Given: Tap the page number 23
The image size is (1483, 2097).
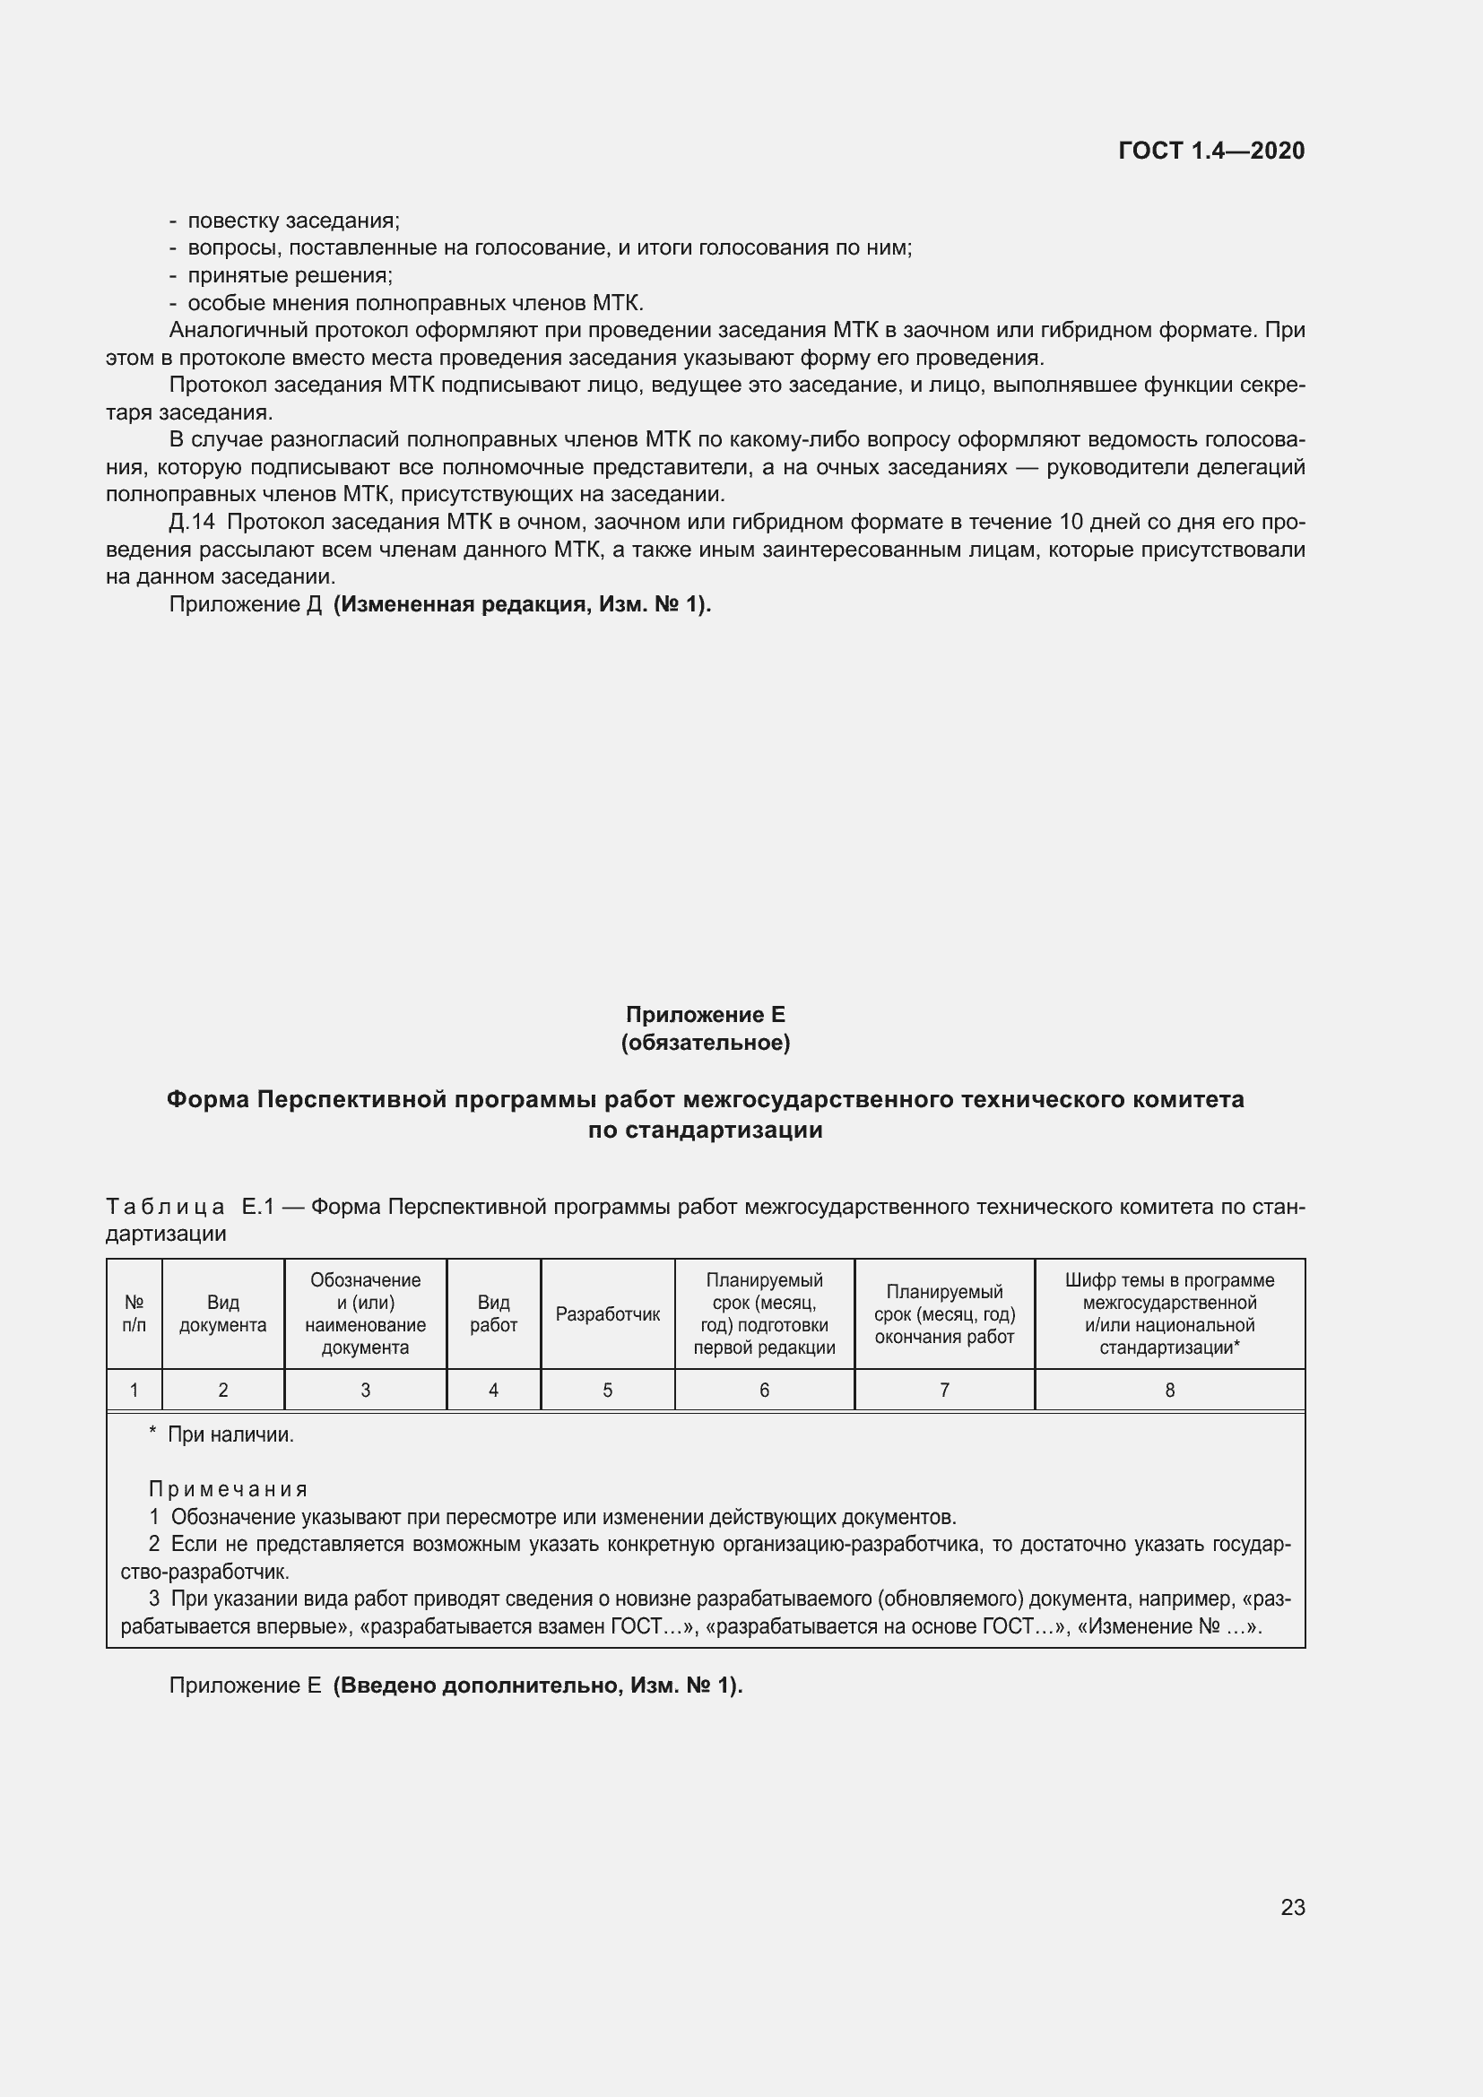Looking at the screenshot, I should point(1292,1907).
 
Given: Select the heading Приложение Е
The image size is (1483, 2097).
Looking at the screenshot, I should point(705,1015).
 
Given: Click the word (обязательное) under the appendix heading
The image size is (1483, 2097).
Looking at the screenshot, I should point(705,1042).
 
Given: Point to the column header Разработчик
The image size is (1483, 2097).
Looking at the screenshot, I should point(607,1314).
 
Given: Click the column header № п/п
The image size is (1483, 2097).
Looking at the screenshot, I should point(134,1313).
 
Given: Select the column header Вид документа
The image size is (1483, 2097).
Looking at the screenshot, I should point(223,1313).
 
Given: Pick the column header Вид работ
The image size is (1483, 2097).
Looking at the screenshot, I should point(493,1313).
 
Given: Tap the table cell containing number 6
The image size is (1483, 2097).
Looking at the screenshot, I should point(764,1391).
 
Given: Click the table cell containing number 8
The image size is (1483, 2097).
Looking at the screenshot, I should point(1169,1391).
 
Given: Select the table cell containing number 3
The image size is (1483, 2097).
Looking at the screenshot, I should point(365,1391).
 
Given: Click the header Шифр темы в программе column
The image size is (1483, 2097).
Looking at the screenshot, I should point(1169,1313).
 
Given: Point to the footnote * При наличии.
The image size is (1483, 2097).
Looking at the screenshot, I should point(221,1434).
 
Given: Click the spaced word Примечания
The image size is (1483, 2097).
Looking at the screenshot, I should point(229,1490).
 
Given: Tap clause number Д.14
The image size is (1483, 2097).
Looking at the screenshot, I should point(192,523).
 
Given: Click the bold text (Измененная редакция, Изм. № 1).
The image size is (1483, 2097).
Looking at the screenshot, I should point(522,604).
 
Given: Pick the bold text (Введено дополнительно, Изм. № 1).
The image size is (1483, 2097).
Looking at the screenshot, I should point(538,1685).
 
